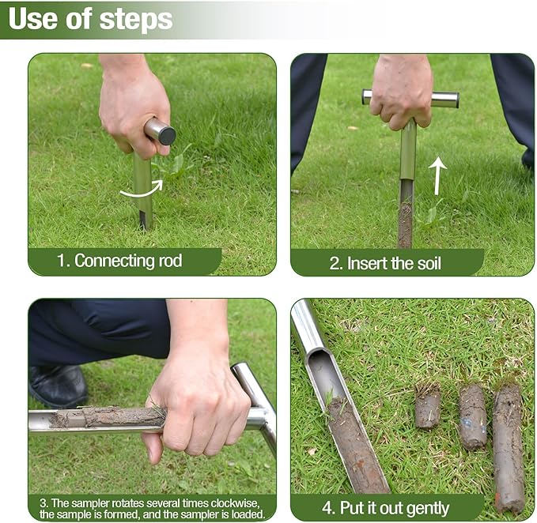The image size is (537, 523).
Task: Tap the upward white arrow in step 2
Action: click(437, 175)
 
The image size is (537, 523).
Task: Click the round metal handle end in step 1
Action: click(161, 131)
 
